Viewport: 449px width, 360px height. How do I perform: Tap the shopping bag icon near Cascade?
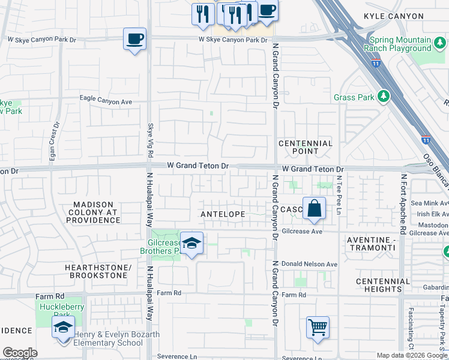[x=314, y=209]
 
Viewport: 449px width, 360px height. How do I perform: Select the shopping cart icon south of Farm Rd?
[x=318, y=328]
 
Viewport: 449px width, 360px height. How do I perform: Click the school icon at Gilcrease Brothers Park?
[x=191, y=243]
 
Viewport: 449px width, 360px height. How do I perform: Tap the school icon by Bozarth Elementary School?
[x=62, y=328]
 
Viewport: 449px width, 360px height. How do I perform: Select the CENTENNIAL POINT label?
[x=306, y=147]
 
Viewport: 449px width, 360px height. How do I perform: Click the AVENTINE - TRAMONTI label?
[x=372, y=244]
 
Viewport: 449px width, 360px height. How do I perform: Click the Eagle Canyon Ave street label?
[x=106, y=101]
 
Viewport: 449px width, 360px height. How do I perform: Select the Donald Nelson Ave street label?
[x=309, y=264]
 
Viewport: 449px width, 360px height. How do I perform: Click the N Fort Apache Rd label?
[x=404, y=204]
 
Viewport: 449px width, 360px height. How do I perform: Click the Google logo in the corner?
[x=20, y=353]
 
